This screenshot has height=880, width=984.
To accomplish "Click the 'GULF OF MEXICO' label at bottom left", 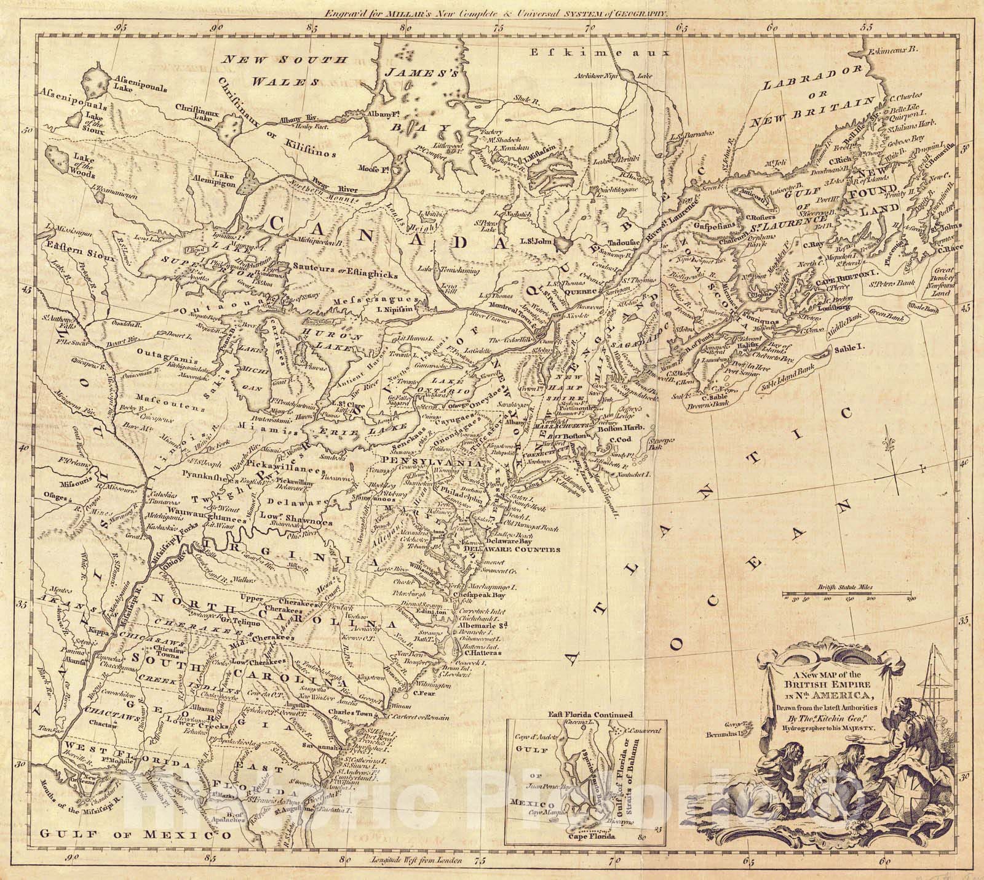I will point(135,835).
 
